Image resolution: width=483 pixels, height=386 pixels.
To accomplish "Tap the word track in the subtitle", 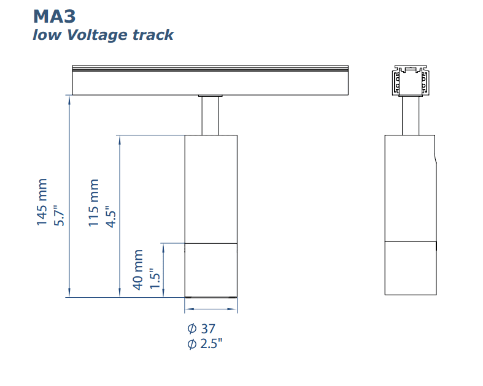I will (153, 34).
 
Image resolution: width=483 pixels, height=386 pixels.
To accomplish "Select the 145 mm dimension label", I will (42, 203).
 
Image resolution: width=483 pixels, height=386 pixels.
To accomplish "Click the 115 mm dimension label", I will (94, 203).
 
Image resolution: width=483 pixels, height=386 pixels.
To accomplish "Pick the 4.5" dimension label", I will (111, 216).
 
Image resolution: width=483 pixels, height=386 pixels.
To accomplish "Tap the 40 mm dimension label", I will (138, 269).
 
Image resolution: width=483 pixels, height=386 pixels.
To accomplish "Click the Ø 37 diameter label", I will (201, 328).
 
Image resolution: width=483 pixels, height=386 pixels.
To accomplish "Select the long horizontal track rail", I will (210, 80).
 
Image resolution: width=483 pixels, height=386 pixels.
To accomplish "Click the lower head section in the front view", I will (211, 270).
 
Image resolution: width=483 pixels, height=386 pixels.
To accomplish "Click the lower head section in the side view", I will (411, 268).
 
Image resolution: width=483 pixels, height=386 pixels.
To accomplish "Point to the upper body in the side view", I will (411, 187).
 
